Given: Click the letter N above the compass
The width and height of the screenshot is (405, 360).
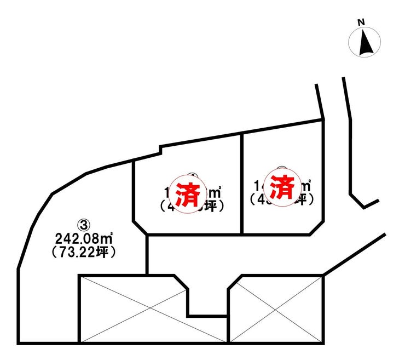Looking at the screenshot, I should tap(361, 22).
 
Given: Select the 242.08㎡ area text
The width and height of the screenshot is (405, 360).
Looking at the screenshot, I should tap(85, 238).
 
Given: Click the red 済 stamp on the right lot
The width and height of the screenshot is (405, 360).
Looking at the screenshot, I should tap(280, 188).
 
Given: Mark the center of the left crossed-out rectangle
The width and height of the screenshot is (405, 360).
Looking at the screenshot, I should tap(153, 310).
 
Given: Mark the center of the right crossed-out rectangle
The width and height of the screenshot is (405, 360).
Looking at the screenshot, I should tap(276, 310).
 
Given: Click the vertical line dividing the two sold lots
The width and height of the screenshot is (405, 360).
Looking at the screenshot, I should tap(242, 181).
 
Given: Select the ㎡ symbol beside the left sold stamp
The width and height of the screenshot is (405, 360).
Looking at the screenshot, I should tap(216, 193).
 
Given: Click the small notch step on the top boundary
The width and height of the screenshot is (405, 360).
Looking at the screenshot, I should tap(160, 149).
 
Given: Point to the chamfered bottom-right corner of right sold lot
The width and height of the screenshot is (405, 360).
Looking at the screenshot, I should tap(317, 227).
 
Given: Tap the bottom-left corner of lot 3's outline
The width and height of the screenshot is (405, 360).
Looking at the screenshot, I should tap(19, 343).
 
